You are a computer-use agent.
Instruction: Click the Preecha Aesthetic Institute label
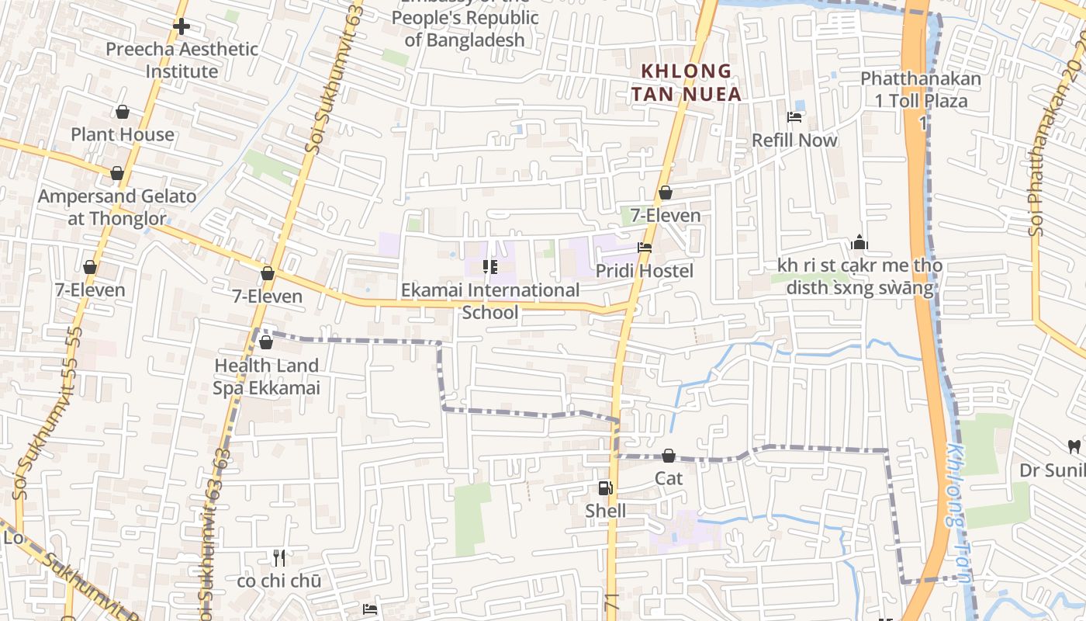tap(182, 61)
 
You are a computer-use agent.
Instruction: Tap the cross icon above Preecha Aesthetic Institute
tap(182, 26)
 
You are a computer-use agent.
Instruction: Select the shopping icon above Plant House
tap(122, 113)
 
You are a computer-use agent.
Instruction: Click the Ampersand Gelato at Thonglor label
tap(117, 207)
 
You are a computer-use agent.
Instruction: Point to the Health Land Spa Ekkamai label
tap(266, 376)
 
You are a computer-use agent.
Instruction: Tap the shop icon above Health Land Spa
tap(266, 342)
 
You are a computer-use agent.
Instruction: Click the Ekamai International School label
tap(490, 301)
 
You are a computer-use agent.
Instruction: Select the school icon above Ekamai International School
tap(490, 267)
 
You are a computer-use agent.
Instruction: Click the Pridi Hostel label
tap(645, 271)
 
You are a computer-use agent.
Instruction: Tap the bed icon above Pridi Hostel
tap(645, 248)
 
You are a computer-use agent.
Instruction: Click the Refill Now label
tap(795, 141)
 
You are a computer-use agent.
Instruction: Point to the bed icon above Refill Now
tap(794, 117)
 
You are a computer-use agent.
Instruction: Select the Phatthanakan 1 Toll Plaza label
tap(921, 90)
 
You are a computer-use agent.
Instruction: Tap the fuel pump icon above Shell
tap(605, 488)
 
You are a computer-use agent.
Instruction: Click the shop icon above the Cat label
tap(669, 456)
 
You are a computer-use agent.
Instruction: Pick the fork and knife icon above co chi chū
tap(279, 558)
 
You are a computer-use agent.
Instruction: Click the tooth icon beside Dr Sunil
tap(1074, 446)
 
